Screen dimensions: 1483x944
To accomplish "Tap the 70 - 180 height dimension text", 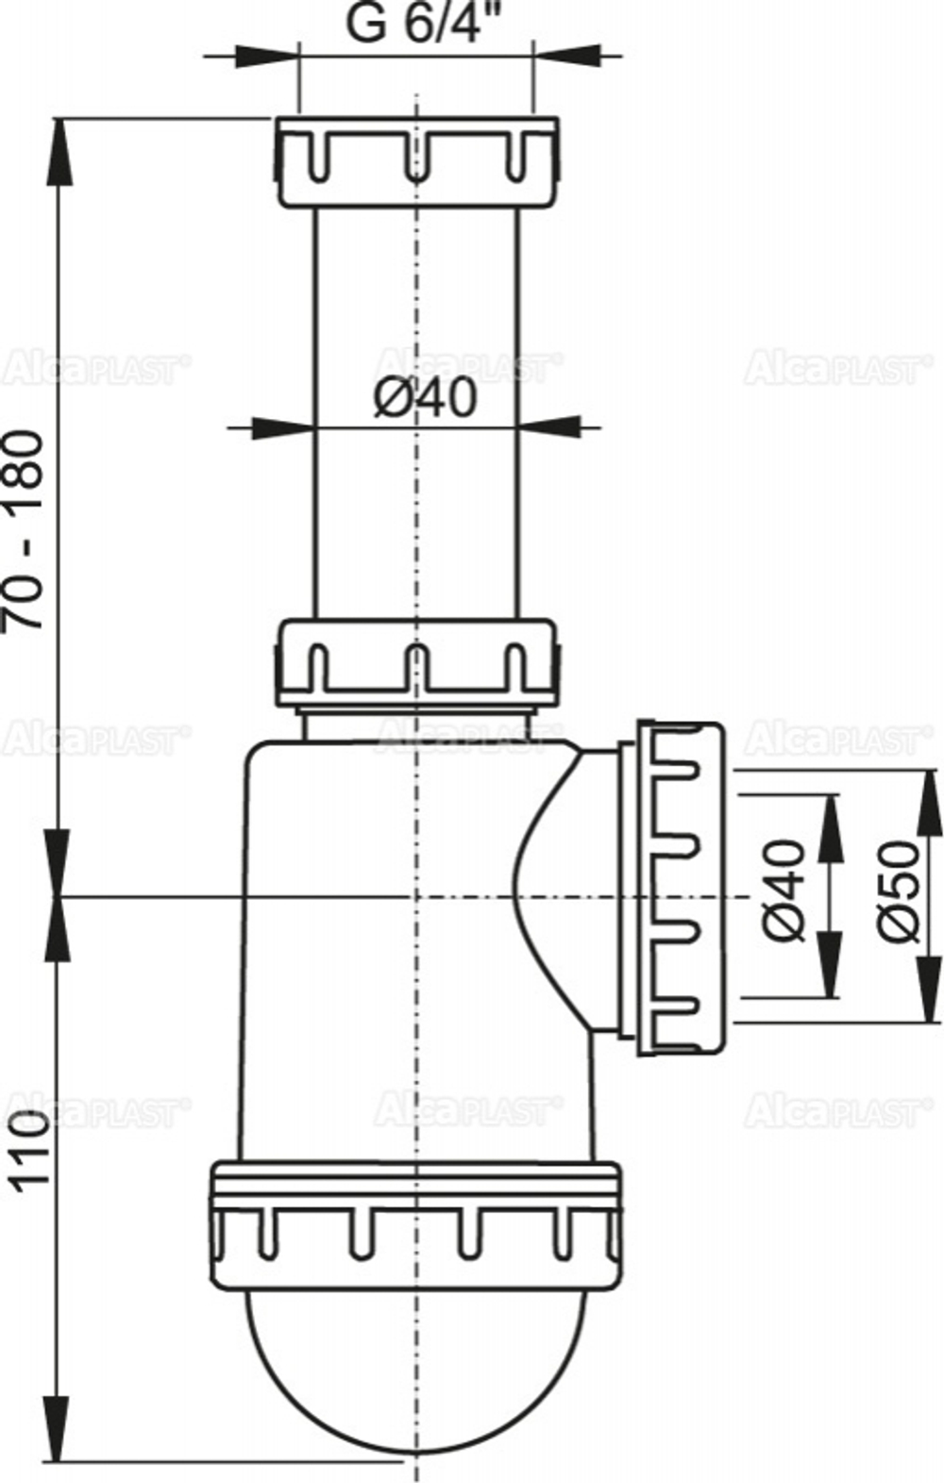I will [25, 530].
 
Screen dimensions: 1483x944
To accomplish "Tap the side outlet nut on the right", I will [680, 887].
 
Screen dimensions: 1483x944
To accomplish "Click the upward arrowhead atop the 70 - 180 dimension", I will [59, 142].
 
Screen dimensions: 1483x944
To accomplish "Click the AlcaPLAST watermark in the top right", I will [831, 367].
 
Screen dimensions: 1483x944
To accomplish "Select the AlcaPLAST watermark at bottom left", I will [94, 1112].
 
